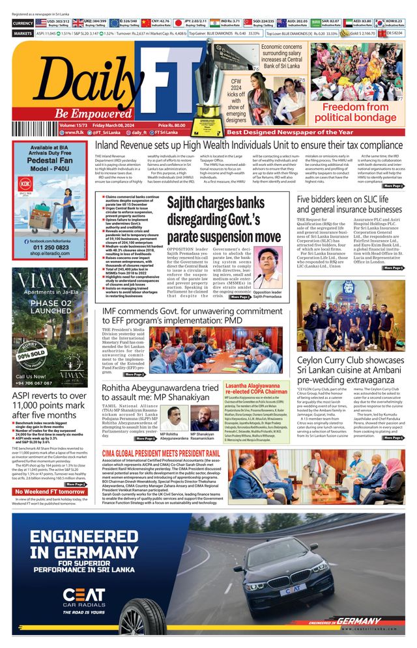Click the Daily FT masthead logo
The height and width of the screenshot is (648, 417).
pyautogui.click(x=98, y=72)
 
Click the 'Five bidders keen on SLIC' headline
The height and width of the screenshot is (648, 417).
pyautogui.click(x=349, y=204)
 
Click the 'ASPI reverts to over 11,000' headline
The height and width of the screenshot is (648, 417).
pyautogui.click(x=49, y=407)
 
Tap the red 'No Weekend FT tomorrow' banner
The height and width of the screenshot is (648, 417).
pyautogui.click(x=50, y=491)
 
